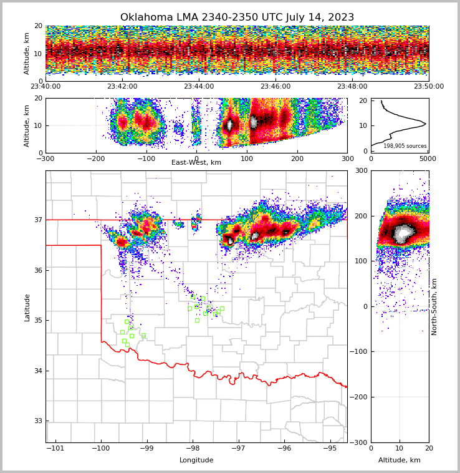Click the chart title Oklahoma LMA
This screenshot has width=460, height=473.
coord(237,17)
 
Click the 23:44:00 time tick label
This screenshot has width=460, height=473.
coord(199,87)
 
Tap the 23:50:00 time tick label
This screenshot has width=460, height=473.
coord(429,87)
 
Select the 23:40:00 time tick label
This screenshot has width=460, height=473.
coord(46,87)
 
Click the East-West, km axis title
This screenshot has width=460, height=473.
coord(196,163)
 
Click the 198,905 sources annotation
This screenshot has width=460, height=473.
coord(405,146)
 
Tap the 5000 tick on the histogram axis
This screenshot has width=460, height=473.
coord(428,158)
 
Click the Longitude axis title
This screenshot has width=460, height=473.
coord(196,461)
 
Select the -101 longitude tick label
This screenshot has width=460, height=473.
coord(55,448)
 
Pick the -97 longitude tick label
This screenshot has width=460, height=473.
coord(239,448)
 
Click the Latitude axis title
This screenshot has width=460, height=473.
coord(27,307)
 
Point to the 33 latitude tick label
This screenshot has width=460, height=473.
coord(38,421)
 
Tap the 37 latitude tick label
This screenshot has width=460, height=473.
coord(38,220)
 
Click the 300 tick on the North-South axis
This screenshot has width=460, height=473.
coord(361,170)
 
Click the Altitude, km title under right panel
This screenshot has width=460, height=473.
coord(400,461)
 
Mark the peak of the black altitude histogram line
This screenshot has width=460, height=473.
coord(426,124)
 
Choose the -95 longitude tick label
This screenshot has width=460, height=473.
coord(330,448)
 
